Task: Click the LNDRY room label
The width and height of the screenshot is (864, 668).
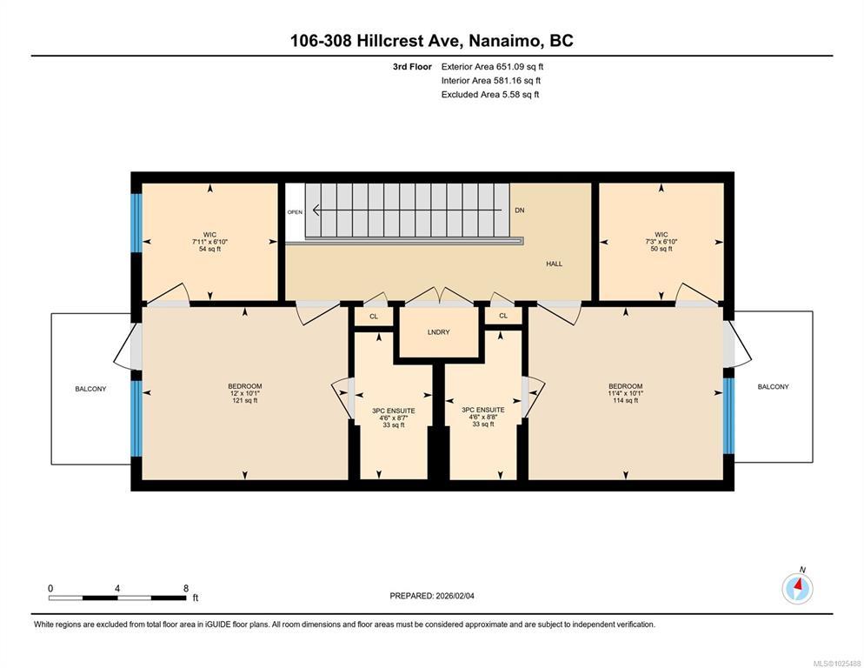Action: pyautogui.click(x=439, y=332)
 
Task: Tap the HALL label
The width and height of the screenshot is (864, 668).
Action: pyautogui.click(x=555, y=264)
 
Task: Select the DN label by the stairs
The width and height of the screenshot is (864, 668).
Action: pyautogui.click(x=520, y=210)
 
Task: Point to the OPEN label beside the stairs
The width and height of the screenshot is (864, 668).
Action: pyautogui.click(x=295, y=212)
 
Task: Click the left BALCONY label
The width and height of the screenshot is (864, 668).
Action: pyautogui.click(x=91, y=389)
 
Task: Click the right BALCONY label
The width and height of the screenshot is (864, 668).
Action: pyautogui.click(x=773, y=387)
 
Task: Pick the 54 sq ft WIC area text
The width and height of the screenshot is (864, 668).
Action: pyautogui.click(x=210, y=249)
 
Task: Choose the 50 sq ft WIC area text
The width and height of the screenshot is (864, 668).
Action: pyautogui.click(x=661, y=249)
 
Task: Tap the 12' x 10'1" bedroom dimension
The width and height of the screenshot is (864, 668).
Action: pyautogui.click(x=245, y=393)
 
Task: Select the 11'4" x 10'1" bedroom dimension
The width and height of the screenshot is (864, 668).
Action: pyautogui.click(x=626, y=393)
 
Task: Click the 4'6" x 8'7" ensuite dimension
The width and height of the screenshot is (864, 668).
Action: pyautogui.click(x=394, y=418)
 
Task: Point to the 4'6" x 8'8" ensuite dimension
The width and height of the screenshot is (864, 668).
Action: pyautogui.click(x=483, y=417)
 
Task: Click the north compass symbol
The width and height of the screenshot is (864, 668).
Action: pyautogui.click(x=797, y=589)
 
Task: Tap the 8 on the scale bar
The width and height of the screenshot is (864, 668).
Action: pyautogui.click(x=186, y=588)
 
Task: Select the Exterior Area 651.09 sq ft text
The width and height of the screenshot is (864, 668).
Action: pyautogui.click(x=492, y=67)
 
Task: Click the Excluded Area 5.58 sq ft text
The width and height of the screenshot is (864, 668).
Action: pyautogui.click(x=490, y=94)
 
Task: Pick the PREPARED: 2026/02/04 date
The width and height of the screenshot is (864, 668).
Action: pyautogui.click(x=432, y=596)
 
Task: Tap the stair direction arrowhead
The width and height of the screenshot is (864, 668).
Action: pyautogui.click(x=316, y=210)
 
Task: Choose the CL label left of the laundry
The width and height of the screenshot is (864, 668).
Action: pyautogui.click(x=374, y=316)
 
